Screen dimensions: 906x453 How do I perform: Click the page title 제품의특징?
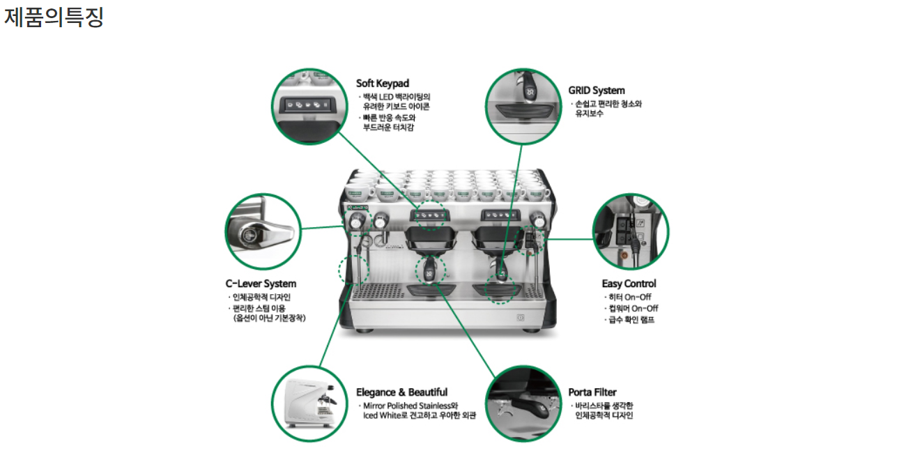54,17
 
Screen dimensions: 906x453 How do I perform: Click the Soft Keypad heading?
383,84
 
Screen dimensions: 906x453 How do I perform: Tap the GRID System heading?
597,91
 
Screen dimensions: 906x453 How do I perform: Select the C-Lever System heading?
261,284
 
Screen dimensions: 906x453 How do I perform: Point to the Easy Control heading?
629,284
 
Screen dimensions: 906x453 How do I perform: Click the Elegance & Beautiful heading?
401,392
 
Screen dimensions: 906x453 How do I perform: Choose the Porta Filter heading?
592,392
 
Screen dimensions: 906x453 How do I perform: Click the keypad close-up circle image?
309,107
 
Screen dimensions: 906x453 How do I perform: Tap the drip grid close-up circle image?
523,107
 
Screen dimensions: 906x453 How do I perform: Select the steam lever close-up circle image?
263,231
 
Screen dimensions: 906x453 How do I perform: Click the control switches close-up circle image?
631,231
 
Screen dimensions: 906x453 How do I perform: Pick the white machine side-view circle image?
309,404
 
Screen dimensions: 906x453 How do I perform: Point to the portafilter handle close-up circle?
523,404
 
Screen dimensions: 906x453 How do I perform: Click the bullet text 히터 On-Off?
630,298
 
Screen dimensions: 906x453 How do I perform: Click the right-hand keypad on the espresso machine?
500,215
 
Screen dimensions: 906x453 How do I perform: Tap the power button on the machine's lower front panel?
521,318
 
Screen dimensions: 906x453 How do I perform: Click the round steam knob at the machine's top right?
538,220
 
